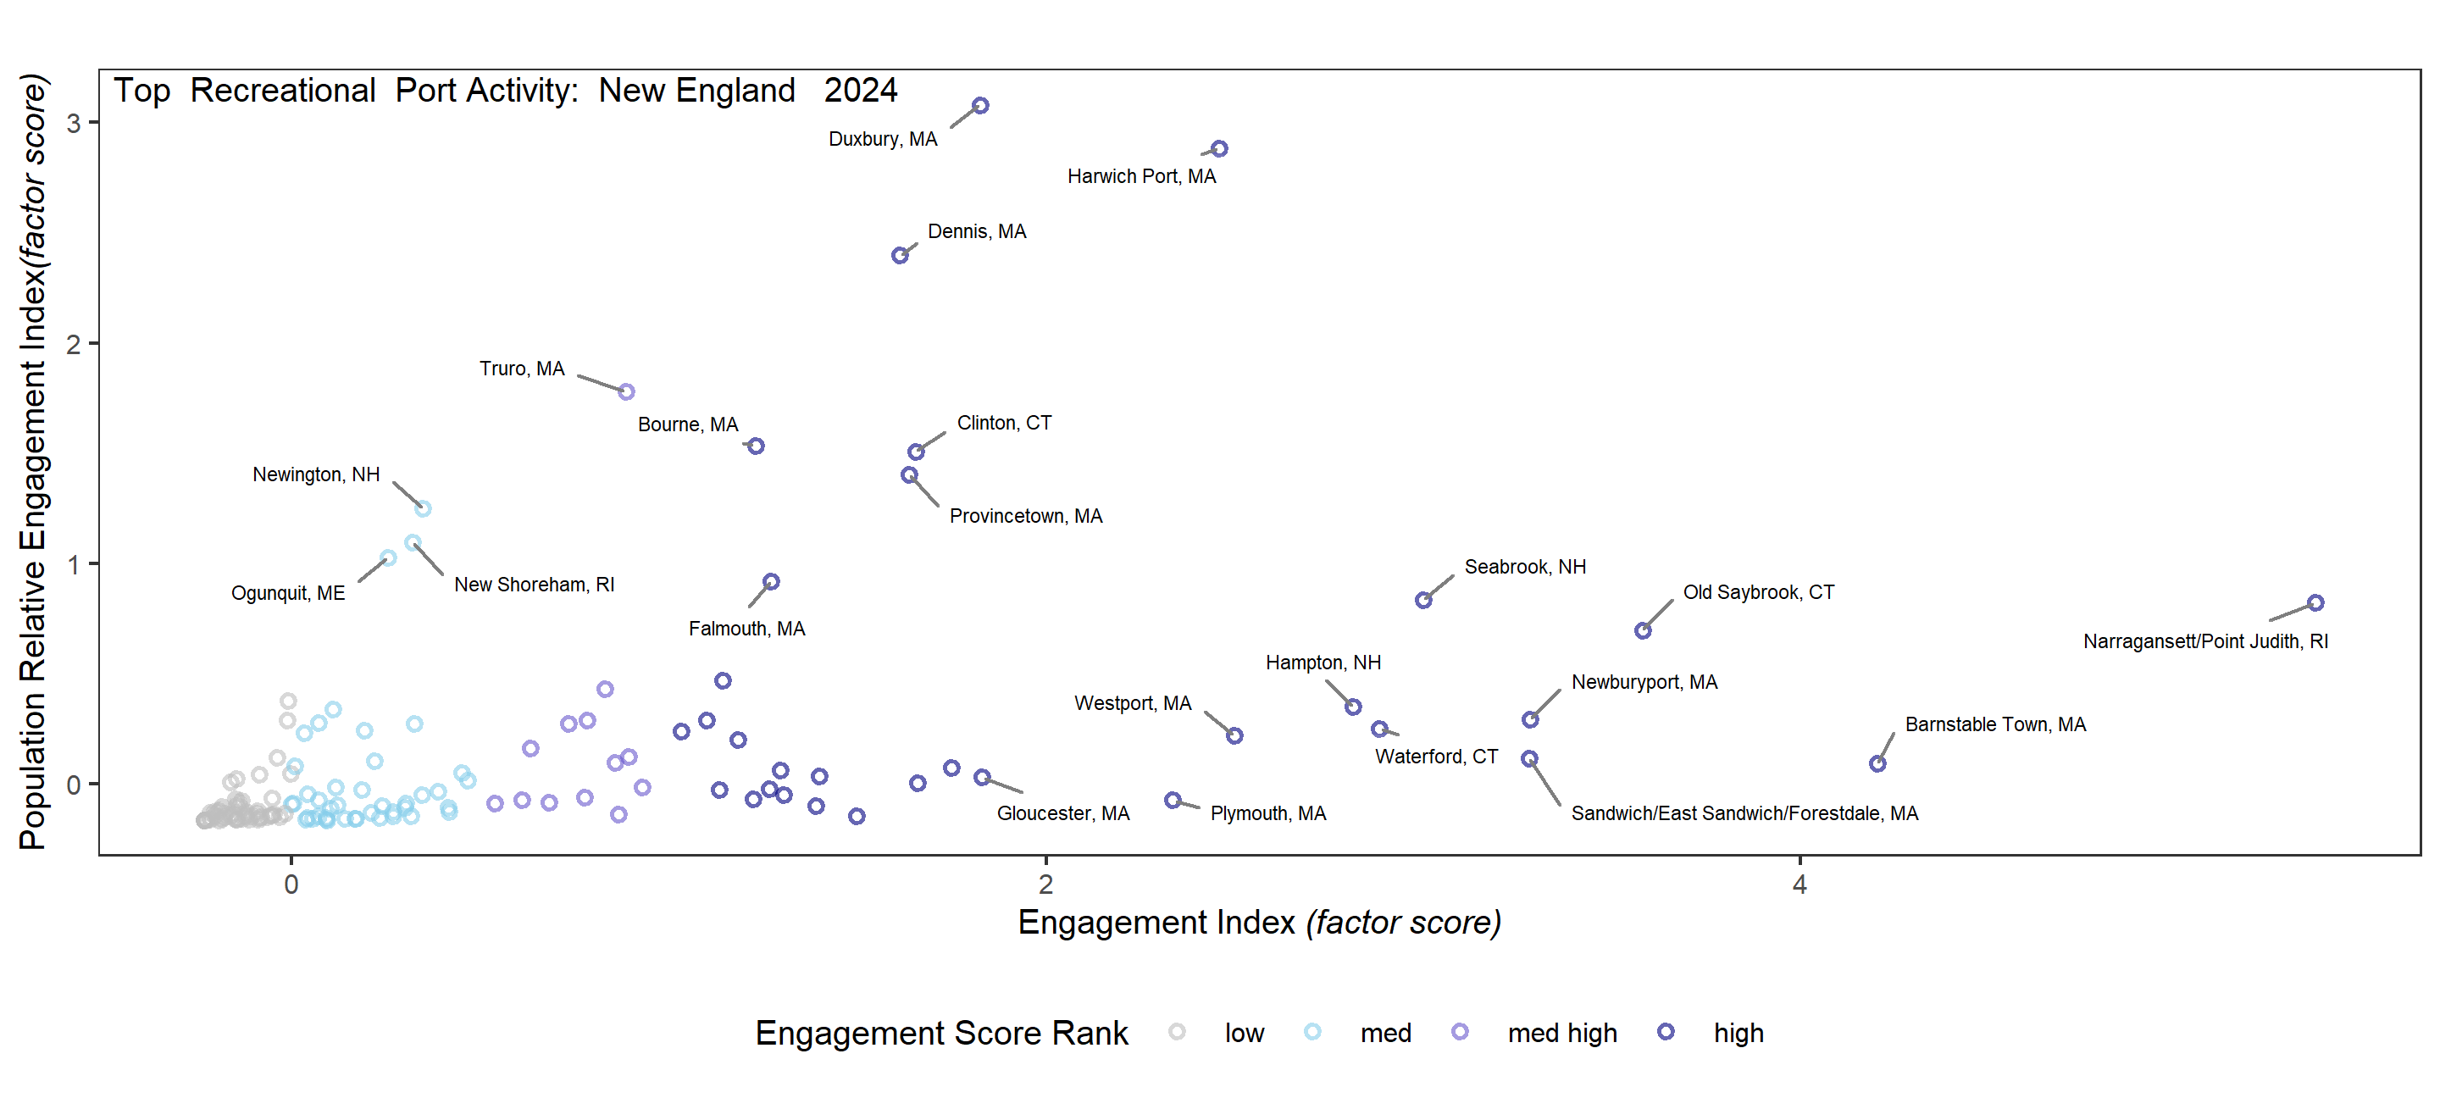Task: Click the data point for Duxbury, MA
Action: [x=980, y=105]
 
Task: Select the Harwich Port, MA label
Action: [x=1140, y=176]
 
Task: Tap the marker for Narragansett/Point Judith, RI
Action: [x=2315, y=602]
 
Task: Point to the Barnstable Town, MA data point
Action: [x=1877, y=763]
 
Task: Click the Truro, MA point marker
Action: [x=626, y=391]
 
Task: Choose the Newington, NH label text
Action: [x=315, y=474]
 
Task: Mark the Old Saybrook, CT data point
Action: [x=1643, y=631]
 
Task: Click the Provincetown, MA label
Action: [x=1025, y=516]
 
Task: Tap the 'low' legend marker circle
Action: [x=1177, y=1032]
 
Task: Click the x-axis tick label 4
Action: [x=1799, y=884]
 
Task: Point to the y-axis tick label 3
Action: [x=73, y=123]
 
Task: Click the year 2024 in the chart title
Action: [x=860, y=91]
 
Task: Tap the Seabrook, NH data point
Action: [x=1422, y=601]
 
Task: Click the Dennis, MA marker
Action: [x=900, y=256]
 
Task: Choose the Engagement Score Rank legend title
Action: [x=940, y=1033]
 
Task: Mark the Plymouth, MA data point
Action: [x=1173, y=801]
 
